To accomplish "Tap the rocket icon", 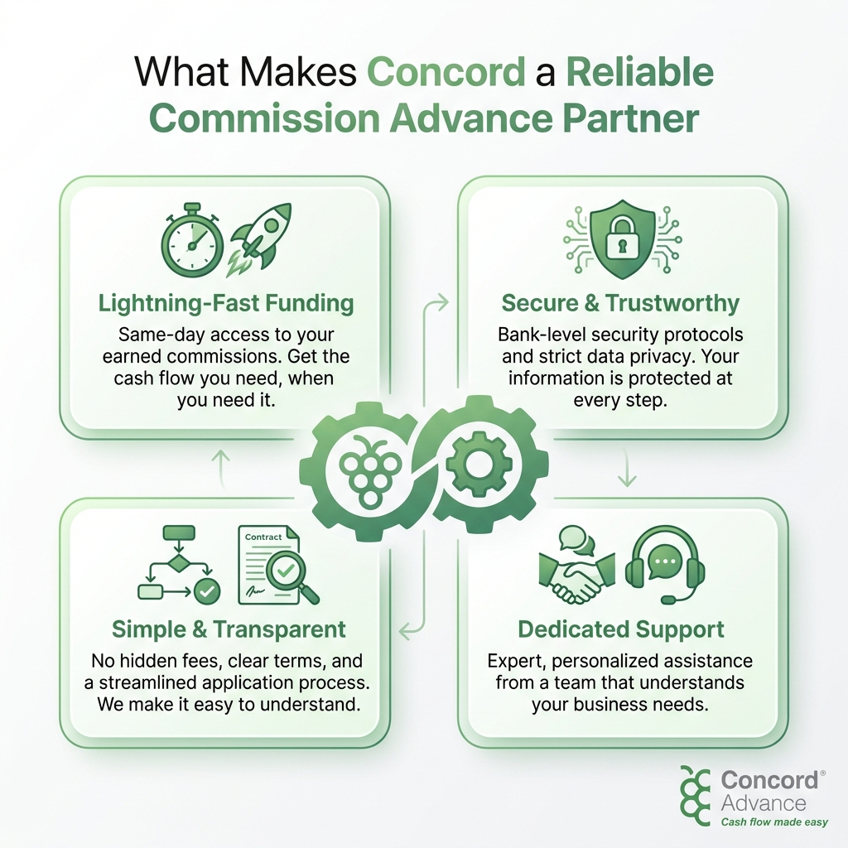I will coord(259,236).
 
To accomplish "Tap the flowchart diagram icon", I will coord(177,564).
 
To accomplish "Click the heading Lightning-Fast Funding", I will coord(225,303).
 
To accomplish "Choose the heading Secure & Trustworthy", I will coord(620,303).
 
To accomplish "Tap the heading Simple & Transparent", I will coord(229,629).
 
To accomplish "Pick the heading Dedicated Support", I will coord(621,629).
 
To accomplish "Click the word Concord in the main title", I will coord(446,73).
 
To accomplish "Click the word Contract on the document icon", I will coord(263,537).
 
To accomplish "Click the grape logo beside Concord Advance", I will coord(696,795).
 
